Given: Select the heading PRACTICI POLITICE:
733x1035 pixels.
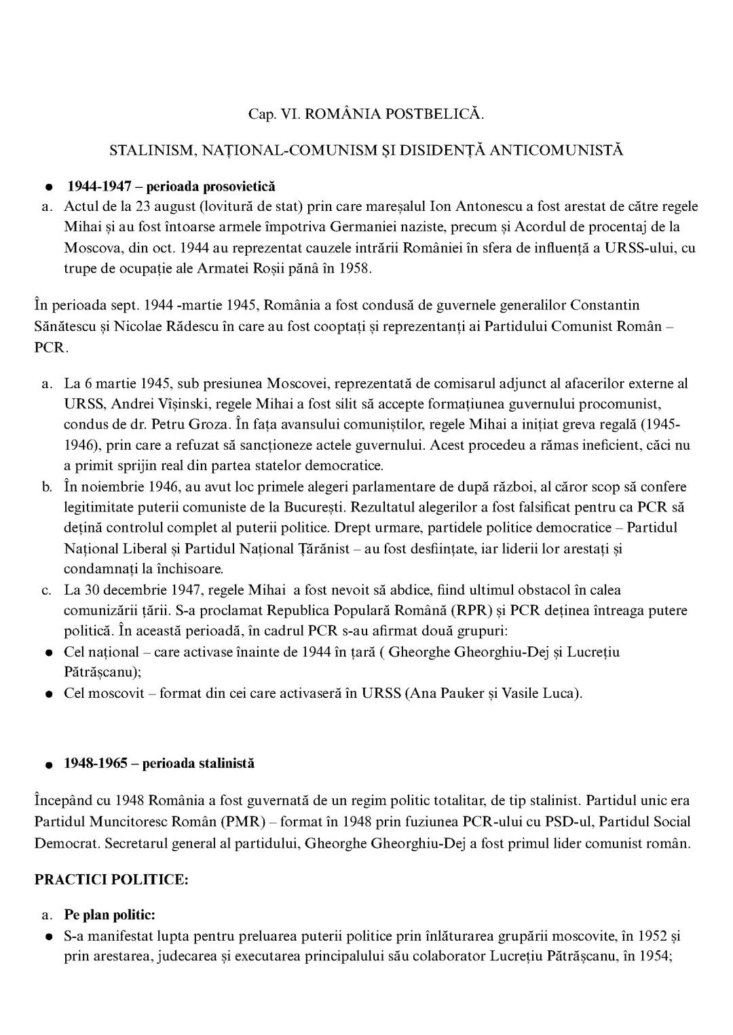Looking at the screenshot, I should [x=111, y=879].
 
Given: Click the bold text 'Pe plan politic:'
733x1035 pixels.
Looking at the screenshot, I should [x=110, y=915].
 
